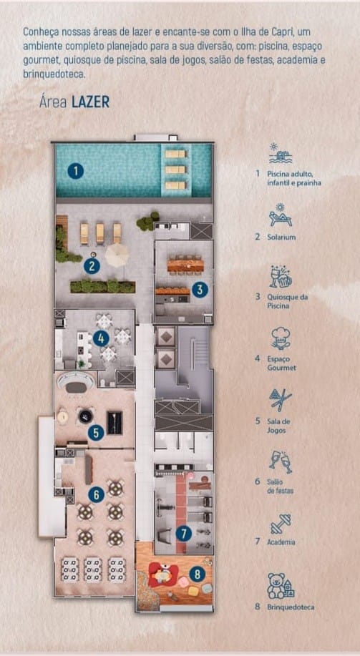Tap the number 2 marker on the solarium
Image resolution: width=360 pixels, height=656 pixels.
coord(91,266)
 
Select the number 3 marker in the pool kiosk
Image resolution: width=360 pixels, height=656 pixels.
coord(200,290)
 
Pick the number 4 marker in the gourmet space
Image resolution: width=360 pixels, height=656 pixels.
coord(101,338)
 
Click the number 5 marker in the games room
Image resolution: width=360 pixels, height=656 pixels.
coord(96,432)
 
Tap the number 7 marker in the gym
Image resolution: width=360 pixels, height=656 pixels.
coord(183,533)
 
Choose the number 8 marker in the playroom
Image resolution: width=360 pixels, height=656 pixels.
coord(198,573)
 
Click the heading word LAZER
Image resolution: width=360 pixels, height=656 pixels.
coord(90,102)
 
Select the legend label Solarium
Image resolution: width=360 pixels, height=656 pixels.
coord(281,237)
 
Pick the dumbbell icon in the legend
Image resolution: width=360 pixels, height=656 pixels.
coord(280,524)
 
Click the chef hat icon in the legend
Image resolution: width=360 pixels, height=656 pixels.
coord(280,338)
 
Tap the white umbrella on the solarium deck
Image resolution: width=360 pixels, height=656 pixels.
coord(116,254)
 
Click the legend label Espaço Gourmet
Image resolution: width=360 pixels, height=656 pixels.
coord(281,363)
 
